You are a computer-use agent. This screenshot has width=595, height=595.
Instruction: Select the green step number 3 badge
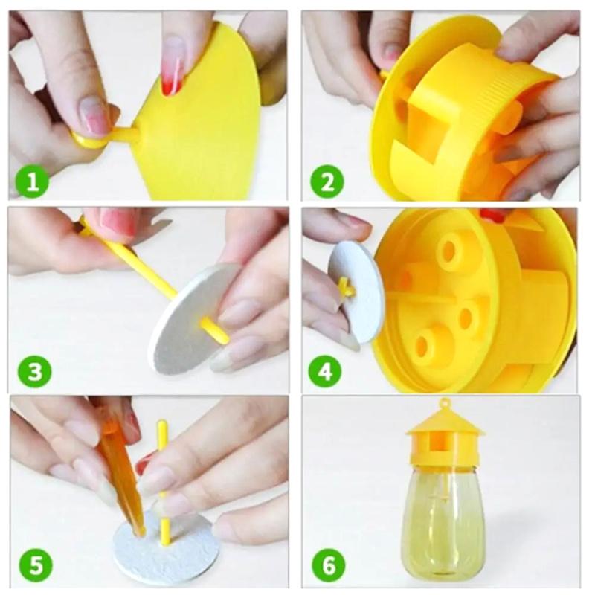click(x=34, y=371)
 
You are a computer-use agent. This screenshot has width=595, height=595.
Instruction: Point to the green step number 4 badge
click(x=328, y=371)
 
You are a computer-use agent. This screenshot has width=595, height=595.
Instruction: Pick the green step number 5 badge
click(x=34, y=566)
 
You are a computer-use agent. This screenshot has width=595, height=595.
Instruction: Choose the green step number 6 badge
click(x=328, y=566)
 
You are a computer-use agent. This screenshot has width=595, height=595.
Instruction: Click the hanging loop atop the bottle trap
click(x=446, y=405)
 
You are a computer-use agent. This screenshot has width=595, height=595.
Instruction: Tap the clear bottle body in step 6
click(x=443, y=521)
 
